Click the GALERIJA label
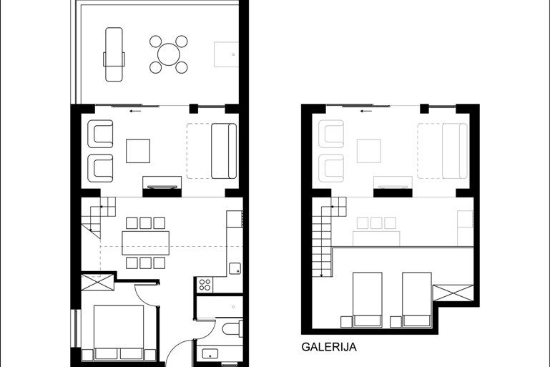tap(329, 347)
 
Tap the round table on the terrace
tap(169, 54)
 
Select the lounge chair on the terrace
tap(114, 54)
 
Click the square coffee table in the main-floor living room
tap(138, 151)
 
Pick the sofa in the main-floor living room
tap(224, 151)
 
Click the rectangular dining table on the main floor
tap(146, 243)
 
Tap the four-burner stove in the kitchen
tap(205, 285)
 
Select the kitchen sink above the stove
tap(235, 268)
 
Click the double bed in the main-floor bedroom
tap(119, 332)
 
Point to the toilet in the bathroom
tap(232, 329)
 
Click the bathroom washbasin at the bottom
tap(210, 353)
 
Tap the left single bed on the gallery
tap(367, 299)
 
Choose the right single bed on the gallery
tap(417, 299)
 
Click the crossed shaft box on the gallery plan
tap(453, 293)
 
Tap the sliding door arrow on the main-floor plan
tap(135, 111)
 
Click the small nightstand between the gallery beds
tap(396, 321)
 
